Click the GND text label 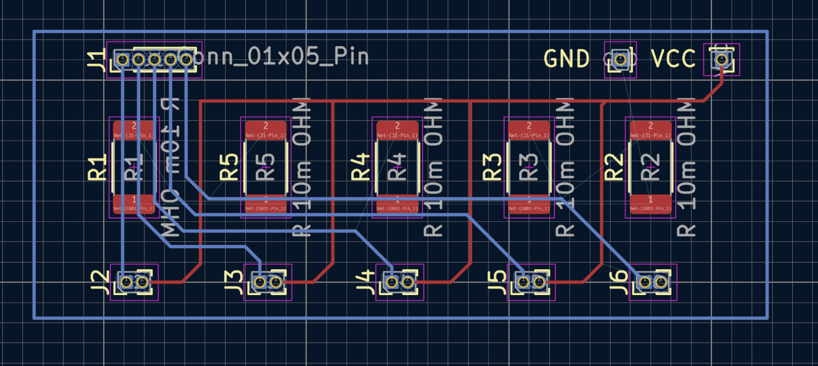tap(566, 59)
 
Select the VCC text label tap(674, 59)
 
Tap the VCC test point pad tap(721, 59)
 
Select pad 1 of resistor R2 tap(650, 204)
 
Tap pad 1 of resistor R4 tap(397, 204)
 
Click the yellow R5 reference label tap(229, 168)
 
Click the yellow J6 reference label tap(618, 281)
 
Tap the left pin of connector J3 tap(259, 282)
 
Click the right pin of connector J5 tap(539, 282)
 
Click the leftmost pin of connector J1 tap(121, 59)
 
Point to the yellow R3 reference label tap(492, 168)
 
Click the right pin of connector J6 tap(660, 282)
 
